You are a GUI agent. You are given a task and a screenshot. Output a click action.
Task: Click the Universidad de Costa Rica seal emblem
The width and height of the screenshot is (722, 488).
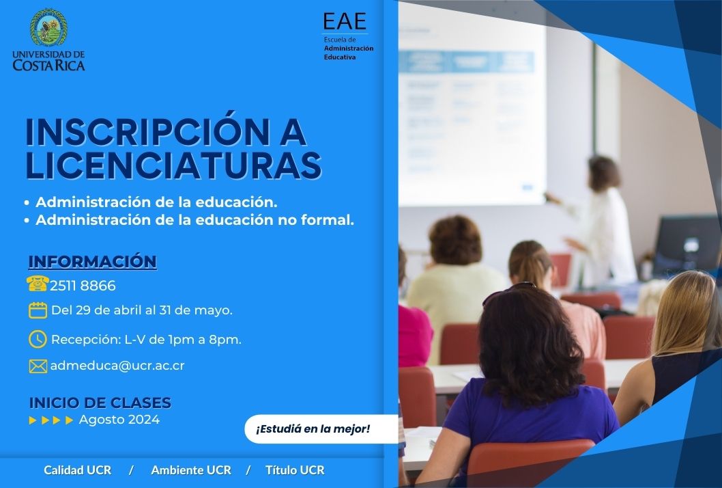(49, 27)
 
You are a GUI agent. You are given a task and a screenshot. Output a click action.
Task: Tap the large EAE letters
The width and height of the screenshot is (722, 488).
(345, 21)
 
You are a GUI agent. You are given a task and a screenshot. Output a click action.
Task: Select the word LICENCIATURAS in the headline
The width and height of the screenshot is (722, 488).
(173, 165)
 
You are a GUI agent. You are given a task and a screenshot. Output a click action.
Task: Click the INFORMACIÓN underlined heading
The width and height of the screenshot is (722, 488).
(93, 261)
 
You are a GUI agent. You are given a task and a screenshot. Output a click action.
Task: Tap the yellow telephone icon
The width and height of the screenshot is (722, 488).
(38, 284)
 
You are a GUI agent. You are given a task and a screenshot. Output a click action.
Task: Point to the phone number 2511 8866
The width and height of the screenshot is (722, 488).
(83, 286)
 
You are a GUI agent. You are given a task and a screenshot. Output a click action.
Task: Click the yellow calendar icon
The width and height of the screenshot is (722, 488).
(38, 310)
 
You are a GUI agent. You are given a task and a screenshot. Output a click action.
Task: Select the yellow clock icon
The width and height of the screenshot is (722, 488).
(38, 339)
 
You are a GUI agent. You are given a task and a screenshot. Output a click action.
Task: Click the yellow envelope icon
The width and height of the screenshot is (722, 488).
(38, 366)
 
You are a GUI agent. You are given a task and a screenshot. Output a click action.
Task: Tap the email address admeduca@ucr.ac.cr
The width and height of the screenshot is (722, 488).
(117, 366)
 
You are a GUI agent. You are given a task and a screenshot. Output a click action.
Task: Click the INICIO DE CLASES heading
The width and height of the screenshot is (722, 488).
(100, 403)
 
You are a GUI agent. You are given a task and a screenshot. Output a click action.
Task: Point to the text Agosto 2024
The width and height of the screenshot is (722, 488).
(119, 420)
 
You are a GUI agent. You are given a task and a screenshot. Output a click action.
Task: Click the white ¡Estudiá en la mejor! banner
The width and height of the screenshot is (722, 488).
(321, 429)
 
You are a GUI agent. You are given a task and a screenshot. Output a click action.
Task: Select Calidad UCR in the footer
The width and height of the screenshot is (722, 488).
(77, 470)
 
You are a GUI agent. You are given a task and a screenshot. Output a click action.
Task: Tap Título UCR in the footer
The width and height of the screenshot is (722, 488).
(295, 470)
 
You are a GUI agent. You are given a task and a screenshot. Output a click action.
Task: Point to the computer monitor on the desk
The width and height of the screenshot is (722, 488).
(687, 245)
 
